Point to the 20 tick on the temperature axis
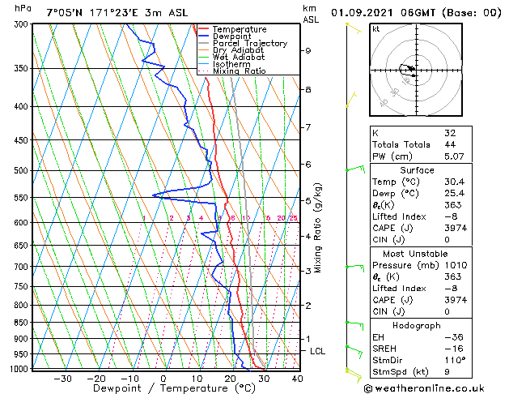231,378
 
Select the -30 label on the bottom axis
62,378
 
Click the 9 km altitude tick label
308,50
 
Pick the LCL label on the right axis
318,351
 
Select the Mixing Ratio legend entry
239,71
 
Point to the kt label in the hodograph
376,28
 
